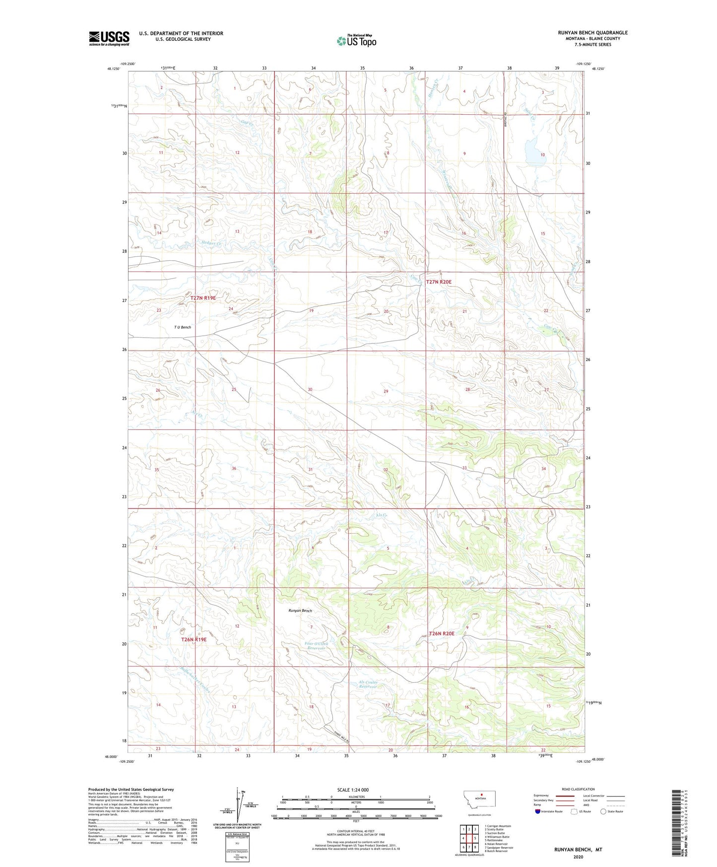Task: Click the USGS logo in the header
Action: pyautogui.click(x=109, y=38)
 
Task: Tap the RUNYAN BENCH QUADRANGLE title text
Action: pyautogui.click(x=592, y=33)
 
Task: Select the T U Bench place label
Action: pyautogui.click(x=182, y=327)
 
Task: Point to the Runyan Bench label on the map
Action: pyautogui.click(x=300, y=610)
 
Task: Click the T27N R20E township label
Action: pyautogui.click(x=439, y=282)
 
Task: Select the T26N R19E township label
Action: pyautogui.click(x=194, y=640)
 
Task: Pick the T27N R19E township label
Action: pyautogui.click(x=203, y=297)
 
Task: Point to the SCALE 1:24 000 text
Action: pyautogui.click(x=352, y=790)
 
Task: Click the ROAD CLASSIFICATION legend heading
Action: pyautogui.click(x=578, y=789)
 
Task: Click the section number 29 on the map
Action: pyautogui.click(x=386, y=391)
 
